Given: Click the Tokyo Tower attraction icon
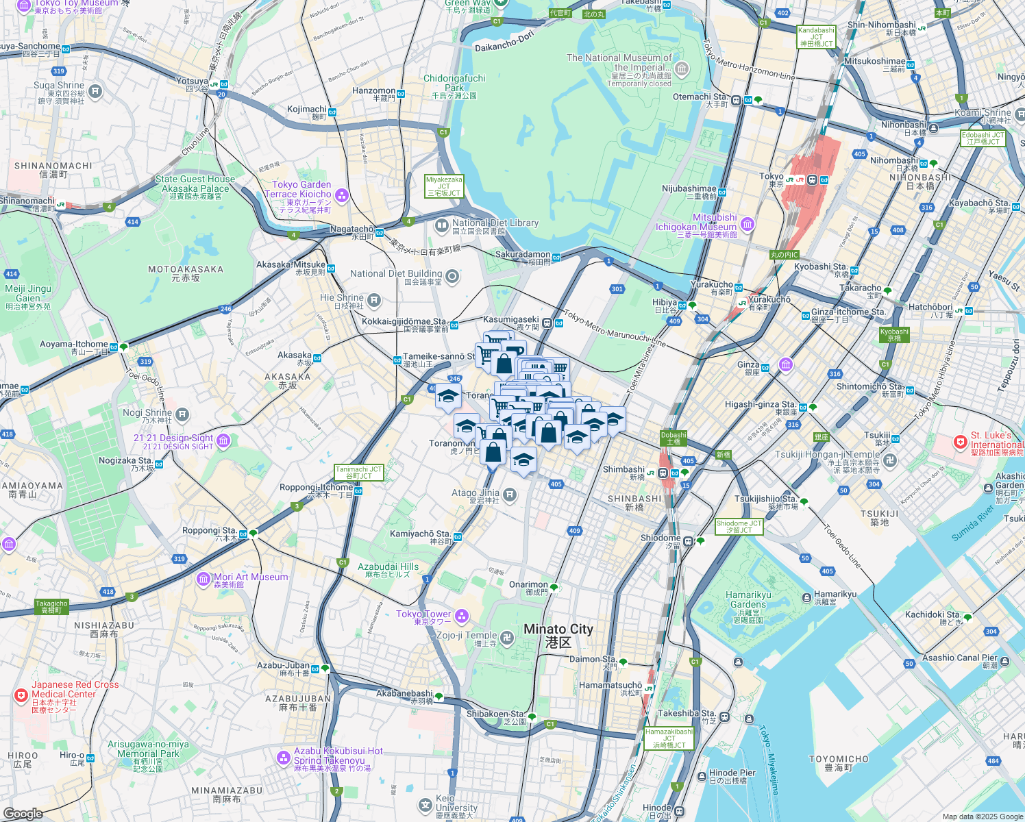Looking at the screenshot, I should pos(462,616).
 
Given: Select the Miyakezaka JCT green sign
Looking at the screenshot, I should pos(444,186).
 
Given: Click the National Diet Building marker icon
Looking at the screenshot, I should pos(452,277).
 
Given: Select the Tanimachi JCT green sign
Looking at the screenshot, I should pos(359,473).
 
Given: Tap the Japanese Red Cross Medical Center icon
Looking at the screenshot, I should pos(21,695).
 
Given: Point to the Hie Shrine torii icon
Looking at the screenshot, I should pos(374,300).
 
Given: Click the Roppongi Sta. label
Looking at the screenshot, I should pos(210,531).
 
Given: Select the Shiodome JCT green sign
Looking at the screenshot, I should pos(739,526).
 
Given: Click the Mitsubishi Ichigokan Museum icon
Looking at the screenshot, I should pos(748,223).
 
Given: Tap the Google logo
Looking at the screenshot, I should pos(23,813).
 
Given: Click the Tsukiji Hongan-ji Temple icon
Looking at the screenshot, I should pos(889,460).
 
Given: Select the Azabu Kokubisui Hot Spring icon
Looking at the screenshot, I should pos(284,758).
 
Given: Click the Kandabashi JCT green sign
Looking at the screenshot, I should pos(816,37).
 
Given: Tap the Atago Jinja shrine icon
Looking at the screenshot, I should pos(510,495).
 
